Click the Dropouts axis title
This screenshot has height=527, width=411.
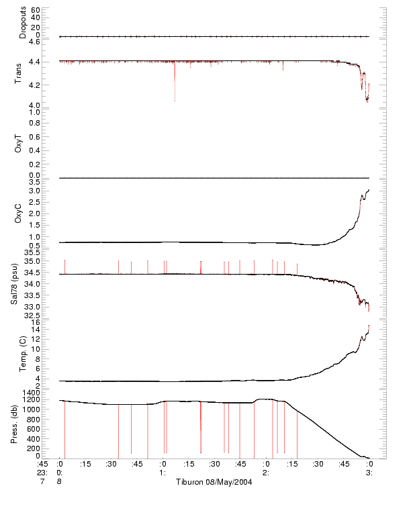coord(23,23)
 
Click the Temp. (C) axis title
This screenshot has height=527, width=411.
coord(23,353)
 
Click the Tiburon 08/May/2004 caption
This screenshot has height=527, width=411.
coord(214,482)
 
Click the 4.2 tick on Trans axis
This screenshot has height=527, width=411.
coord(34,85)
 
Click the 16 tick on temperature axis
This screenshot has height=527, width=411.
coord(36,322)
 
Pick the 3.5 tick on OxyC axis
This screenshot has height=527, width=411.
coord(34,181)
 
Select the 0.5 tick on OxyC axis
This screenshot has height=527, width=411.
coord(34,246)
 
